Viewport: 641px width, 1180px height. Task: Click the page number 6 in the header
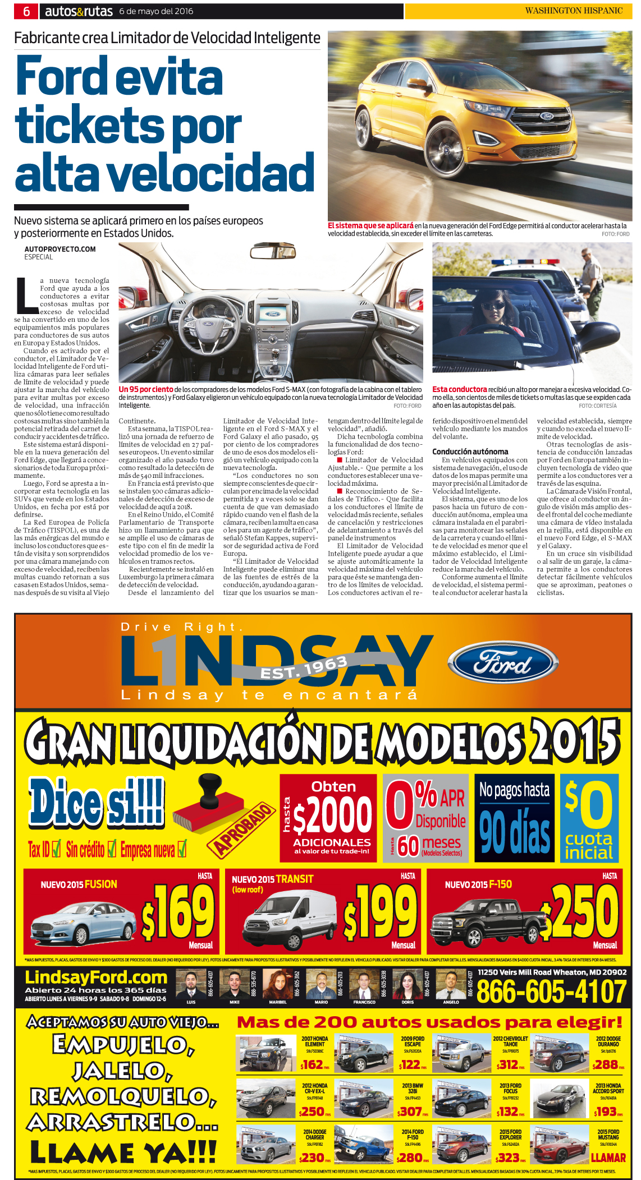click(x=26, y=11)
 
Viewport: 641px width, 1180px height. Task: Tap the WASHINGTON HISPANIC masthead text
click(x=573, y=11)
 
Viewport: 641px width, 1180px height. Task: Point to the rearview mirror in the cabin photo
click(x=273, y=251)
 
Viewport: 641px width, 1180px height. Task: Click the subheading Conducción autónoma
click(x=470, y=451)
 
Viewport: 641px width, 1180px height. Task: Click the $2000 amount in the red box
click(x=332, y=817)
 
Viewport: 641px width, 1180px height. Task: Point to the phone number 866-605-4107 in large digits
click(x=551, y=992)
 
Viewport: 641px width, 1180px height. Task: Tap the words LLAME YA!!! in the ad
click(x=123, y=1153)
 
